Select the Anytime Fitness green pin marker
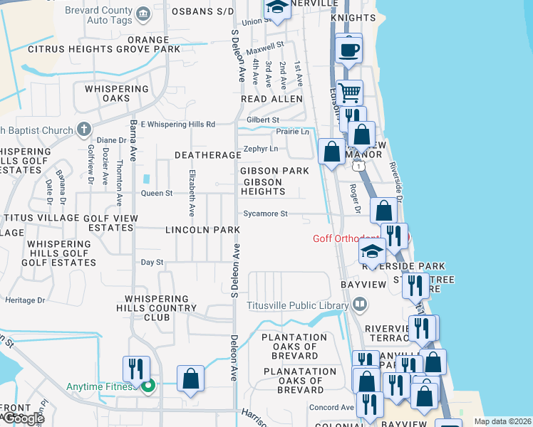pyautogui.click(x=148, y=387)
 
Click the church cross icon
pyautogui.click(x=83, y=130)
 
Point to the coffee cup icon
pyautogui.click(x=348, y=51)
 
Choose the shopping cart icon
pyautogui.click(x=349, y=93)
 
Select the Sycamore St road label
pyautogui.click(x=265, y=213)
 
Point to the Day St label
pyautogui.click(x=152, y=263)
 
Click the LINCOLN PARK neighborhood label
pyautogui.click(x=202, y=230)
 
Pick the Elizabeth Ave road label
pyautogui.click(x=192, y=193)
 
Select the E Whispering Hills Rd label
pyautogui.click(x=178, y=125)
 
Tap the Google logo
pyautogui.click(x=23, y=418)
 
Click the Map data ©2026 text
pyautogui.click(x=502, y=421)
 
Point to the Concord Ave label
pyautogui.click(x=331, y=408)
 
